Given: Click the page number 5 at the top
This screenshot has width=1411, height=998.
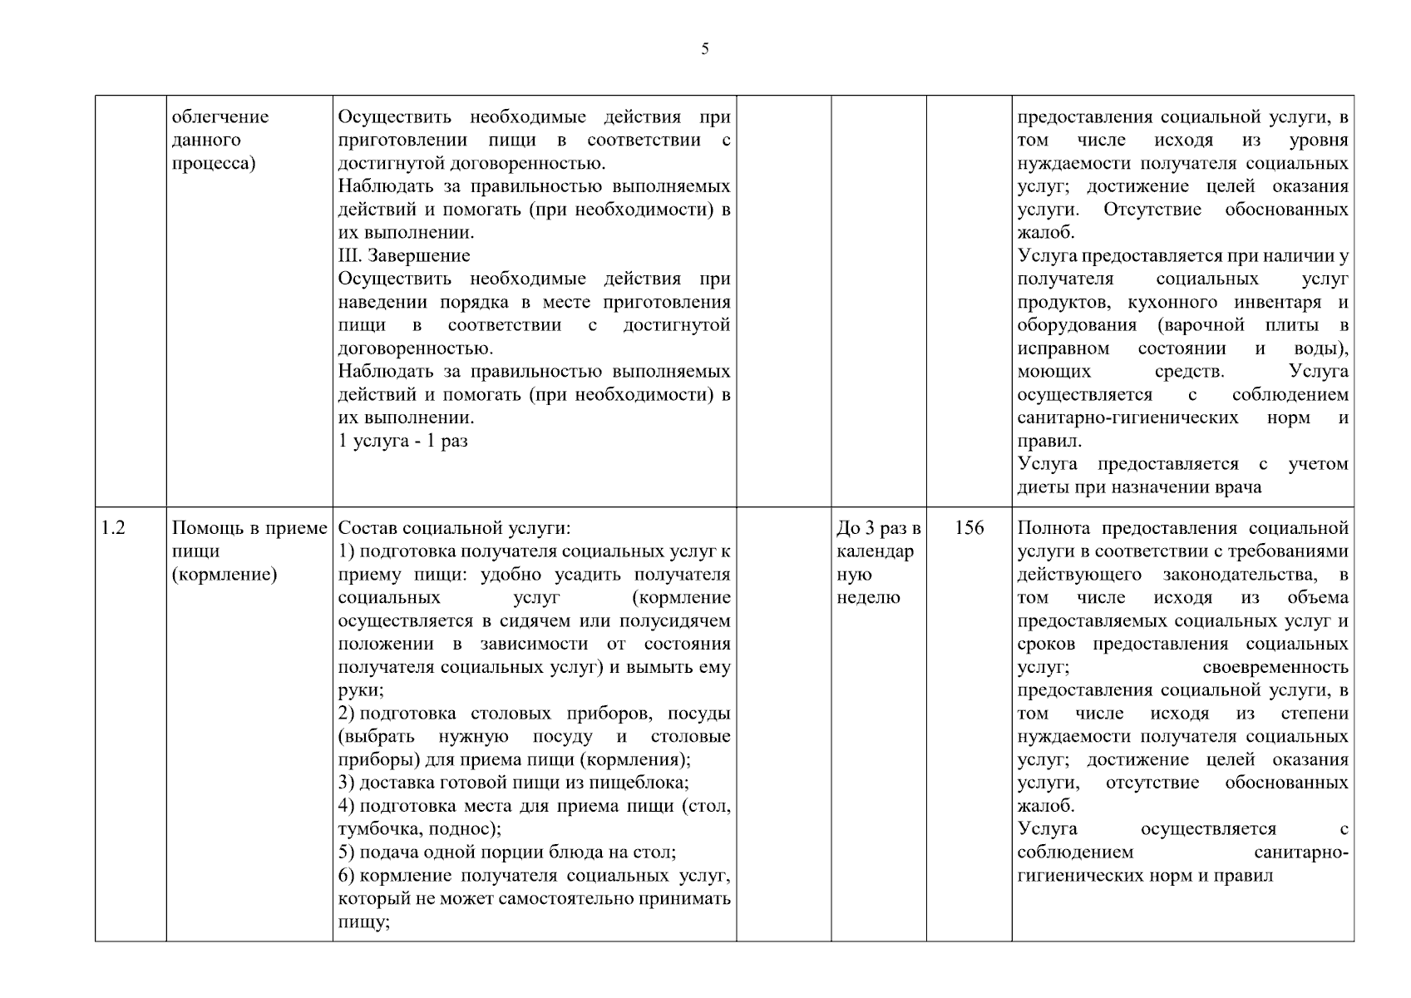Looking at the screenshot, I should pyautogui.click(x=705, y=49).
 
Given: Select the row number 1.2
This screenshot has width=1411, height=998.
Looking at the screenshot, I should pyautogui.click(x=113, y=528).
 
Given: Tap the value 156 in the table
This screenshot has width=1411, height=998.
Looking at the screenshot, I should pyautogui.click(x=969, y=528).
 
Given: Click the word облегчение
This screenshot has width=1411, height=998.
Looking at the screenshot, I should pyautogui.click(x=220, y=117).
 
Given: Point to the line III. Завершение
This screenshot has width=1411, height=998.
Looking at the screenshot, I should pyautogui.click(x=404, y=256).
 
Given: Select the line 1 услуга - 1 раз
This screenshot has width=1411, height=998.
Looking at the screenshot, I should pyautogui.click(x=403, y=441).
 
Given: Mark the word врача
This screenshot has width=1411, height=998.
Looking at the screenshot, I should pyautogui.click(x=1239, y=487).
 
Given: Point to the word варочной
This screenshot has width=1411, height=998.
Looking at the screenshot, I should pyautogui.click(x=1206, y=325).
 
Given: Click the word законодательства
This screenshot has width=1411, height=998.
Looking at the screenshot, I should pyautogui.click(x=1239, y=575).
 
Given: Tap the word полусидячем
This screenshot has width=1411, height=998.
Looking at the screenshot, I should pyautogui.click(x=677, y=621).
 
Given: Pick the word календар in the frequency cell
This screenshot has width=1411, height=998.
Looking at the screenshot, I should pyautogui.click(x=875, y=551).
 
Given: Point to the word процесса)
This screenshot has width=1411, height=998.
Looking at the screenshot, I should pyautogui.click(x=214, y=163).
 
